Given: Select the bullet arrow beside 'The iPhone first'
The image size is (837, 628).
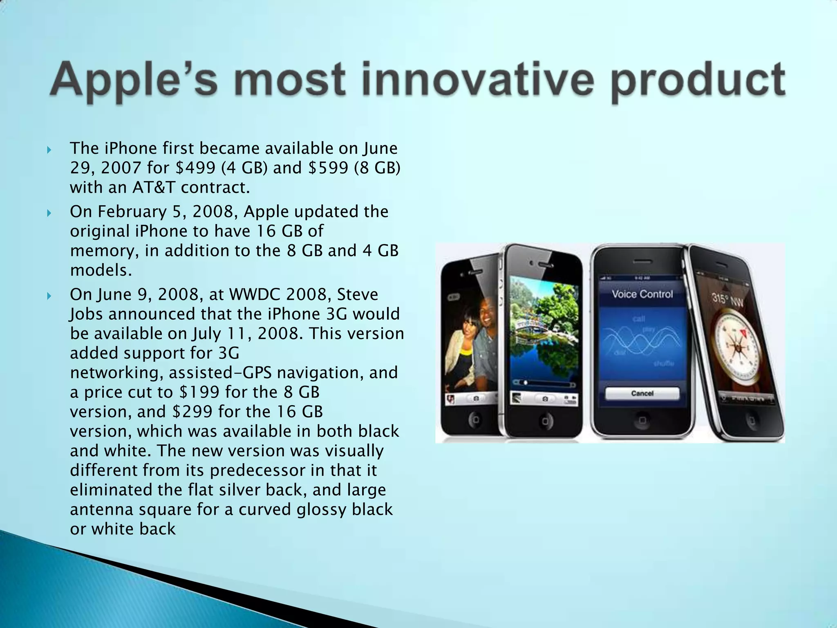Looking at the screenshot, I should pos(49,150).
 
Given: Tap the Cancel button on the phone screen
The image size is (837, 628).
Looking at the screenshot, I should pos(642,393).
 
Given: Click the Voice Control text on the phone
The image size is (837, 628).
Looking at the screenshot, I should pos(642,294).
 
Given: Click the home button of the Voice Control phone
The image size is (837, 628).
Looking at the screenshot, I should pos(642,420).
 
